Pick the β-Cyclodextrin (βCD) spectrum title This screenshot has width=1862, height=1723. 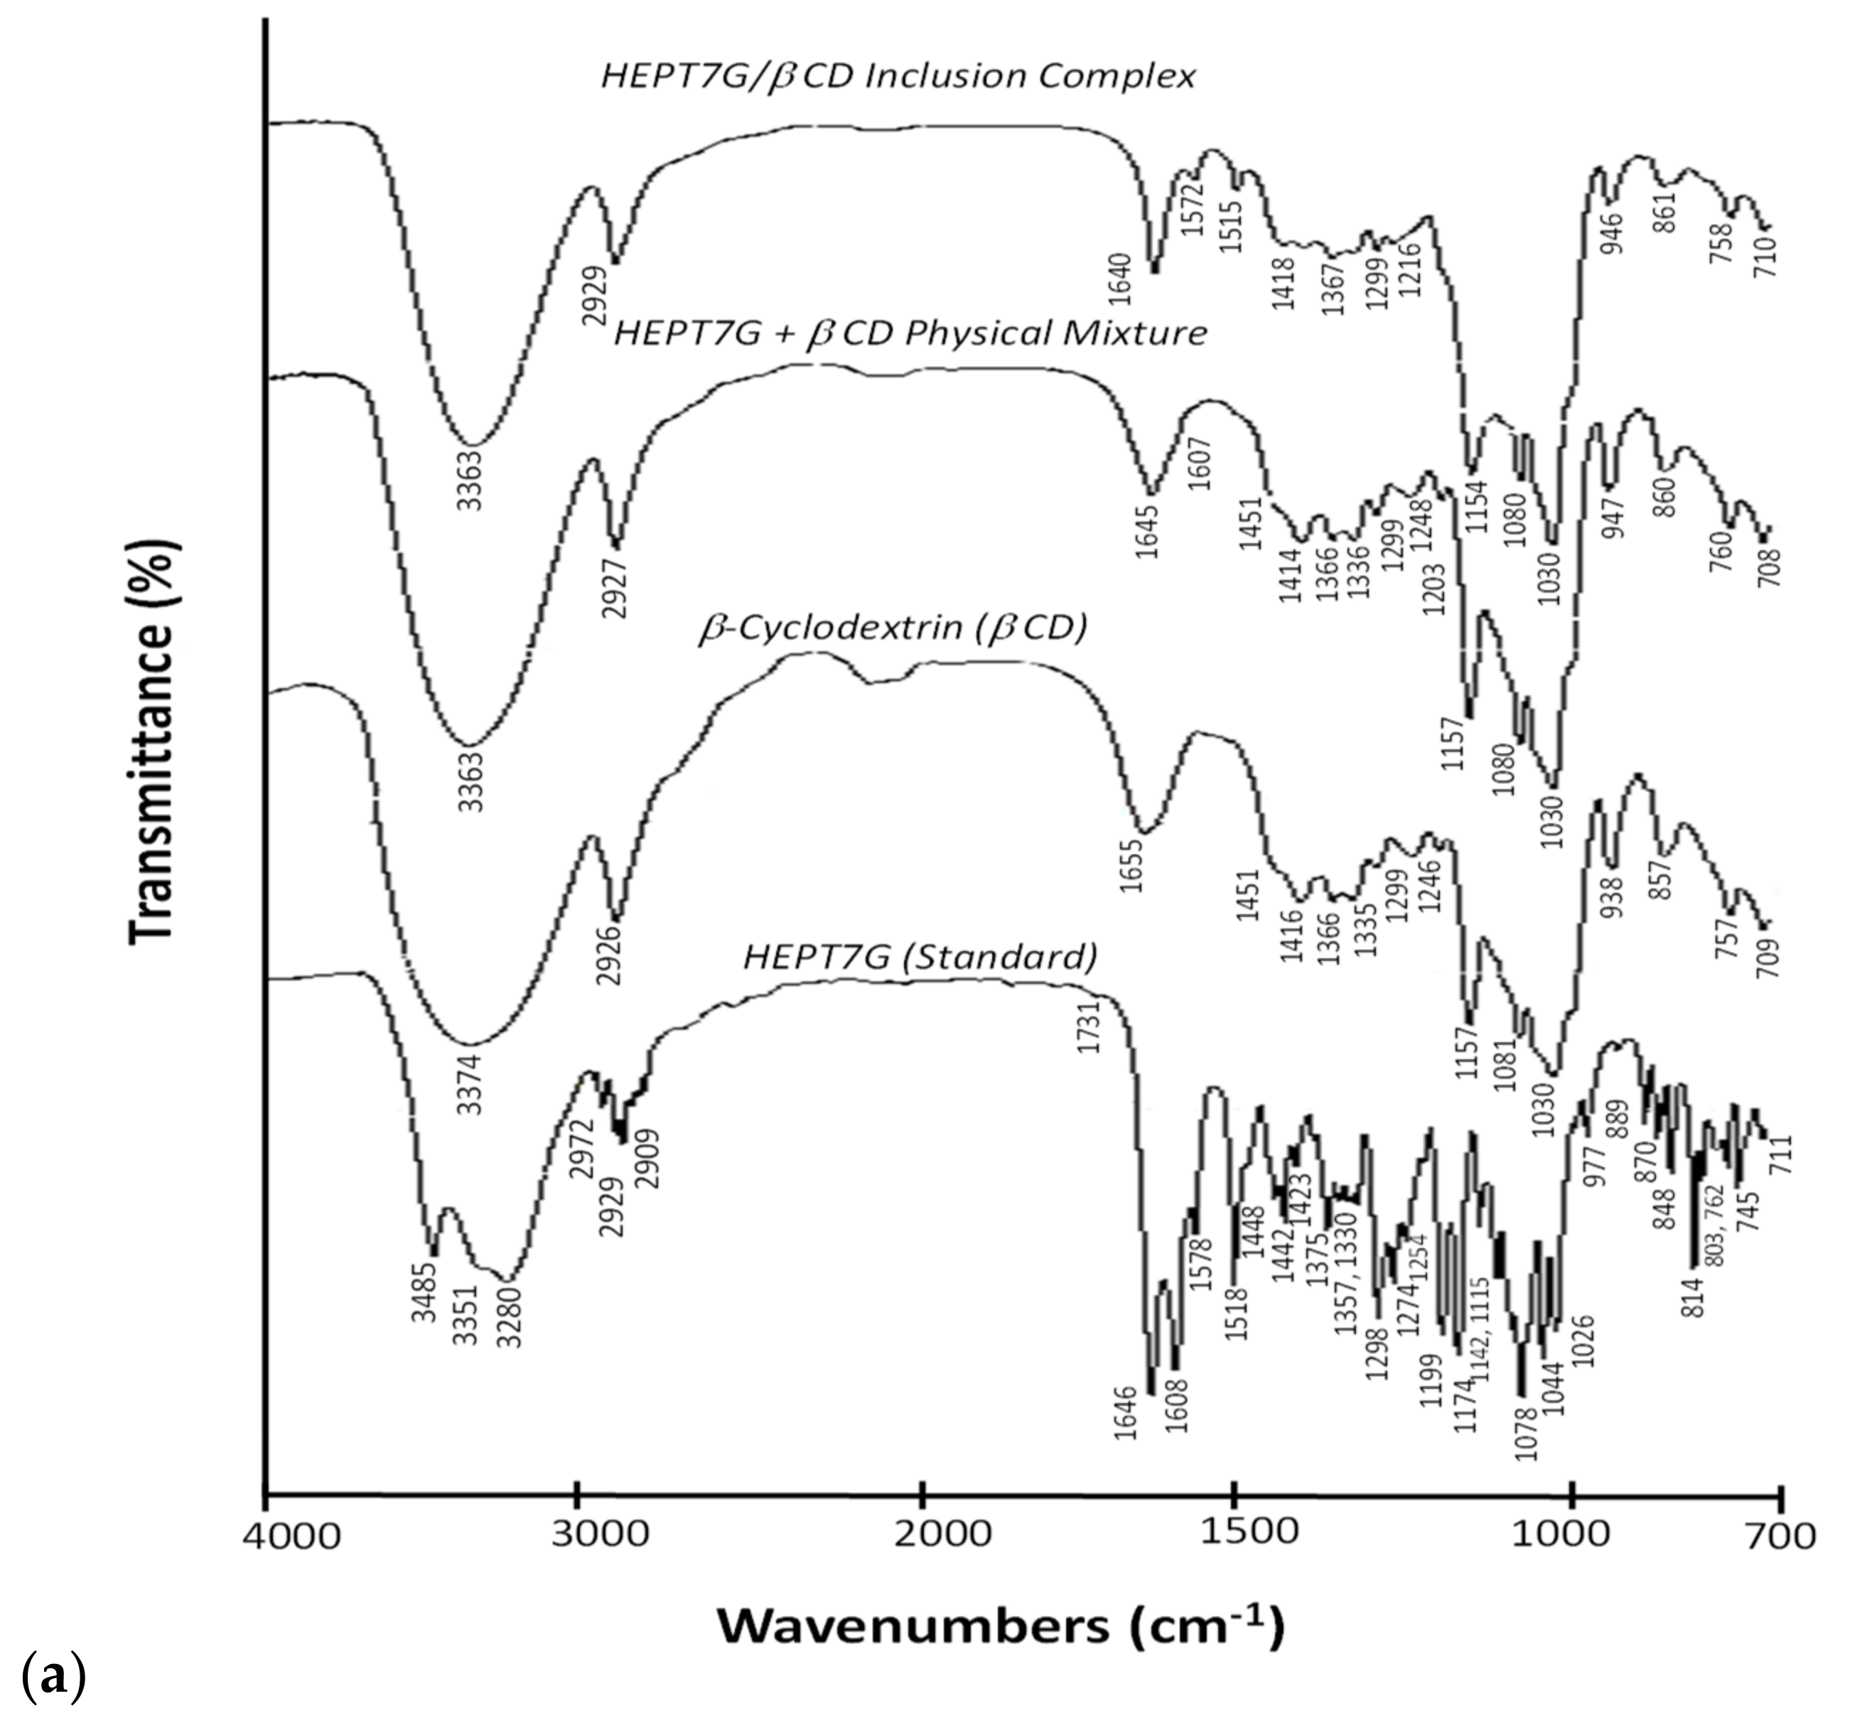(x=893, y=628)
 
